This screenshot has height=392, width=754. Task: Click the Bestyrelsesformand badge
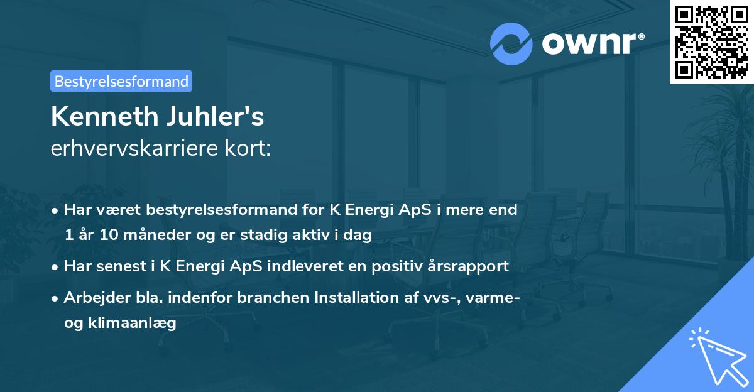click(121, 81)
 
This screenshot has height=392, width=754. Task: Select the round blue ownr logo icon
click(511, 43)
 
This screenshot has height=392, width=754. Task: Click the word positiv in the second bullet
click(393, 266)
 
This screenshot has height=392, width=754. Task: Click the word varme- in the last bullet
click(495, 297)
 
